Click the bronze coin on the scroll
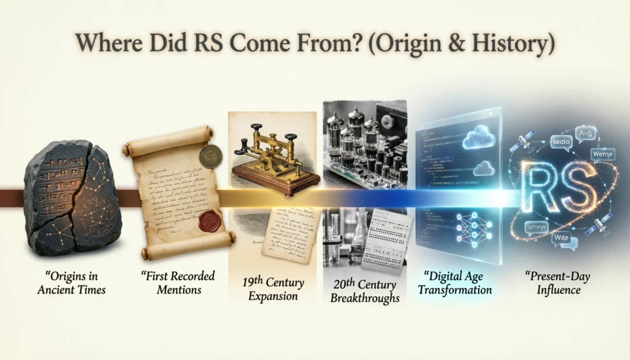coord(211,156)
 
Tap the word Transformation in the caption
coord(455,289)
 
